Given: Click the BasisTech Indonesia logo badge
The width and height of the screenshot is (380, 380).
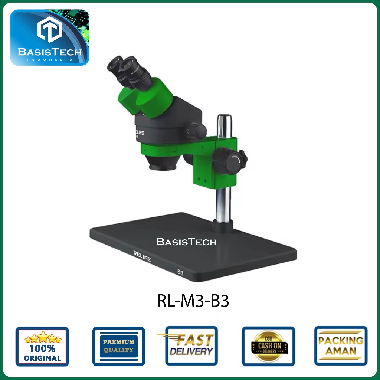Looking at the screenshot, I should [x=49, y=37].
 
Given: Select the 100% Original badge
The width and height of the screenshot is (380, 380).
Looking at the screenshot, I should [x=42, y=346].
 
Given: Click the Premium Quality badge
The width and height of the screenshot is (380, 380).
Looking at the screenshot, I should [x=119, y=346].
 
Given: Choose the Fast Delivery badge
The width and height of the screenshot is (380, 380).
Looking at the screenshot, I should [x=191, y=345].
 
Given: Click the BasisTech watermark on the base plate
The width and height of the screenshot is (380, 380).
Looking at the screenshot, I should [x=186, y=242].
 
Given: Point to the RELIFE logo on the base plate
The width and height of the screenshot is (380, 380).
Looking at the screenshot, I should [x=142, y=256].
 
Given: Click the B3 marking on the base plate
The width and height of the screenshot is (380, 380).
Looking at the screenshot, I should [x=180, y=273].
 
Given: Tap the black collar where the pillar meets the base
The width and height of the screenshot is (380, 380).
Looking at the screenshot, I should [x=223, y=225].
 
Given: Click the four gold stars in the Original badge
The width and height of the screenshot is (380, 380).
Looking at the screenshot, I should [x=43, y=338].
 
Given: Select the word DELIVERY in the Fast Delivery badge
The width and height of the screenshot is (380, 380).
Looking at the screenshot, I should [x=192, y=351].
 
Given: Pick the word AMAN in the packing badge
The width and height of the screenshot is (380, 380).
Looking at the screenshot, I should [x=341, y=351].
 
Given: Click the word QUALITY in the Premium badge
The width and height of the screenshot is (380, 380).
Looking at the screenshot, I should [x=119, y=350].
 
